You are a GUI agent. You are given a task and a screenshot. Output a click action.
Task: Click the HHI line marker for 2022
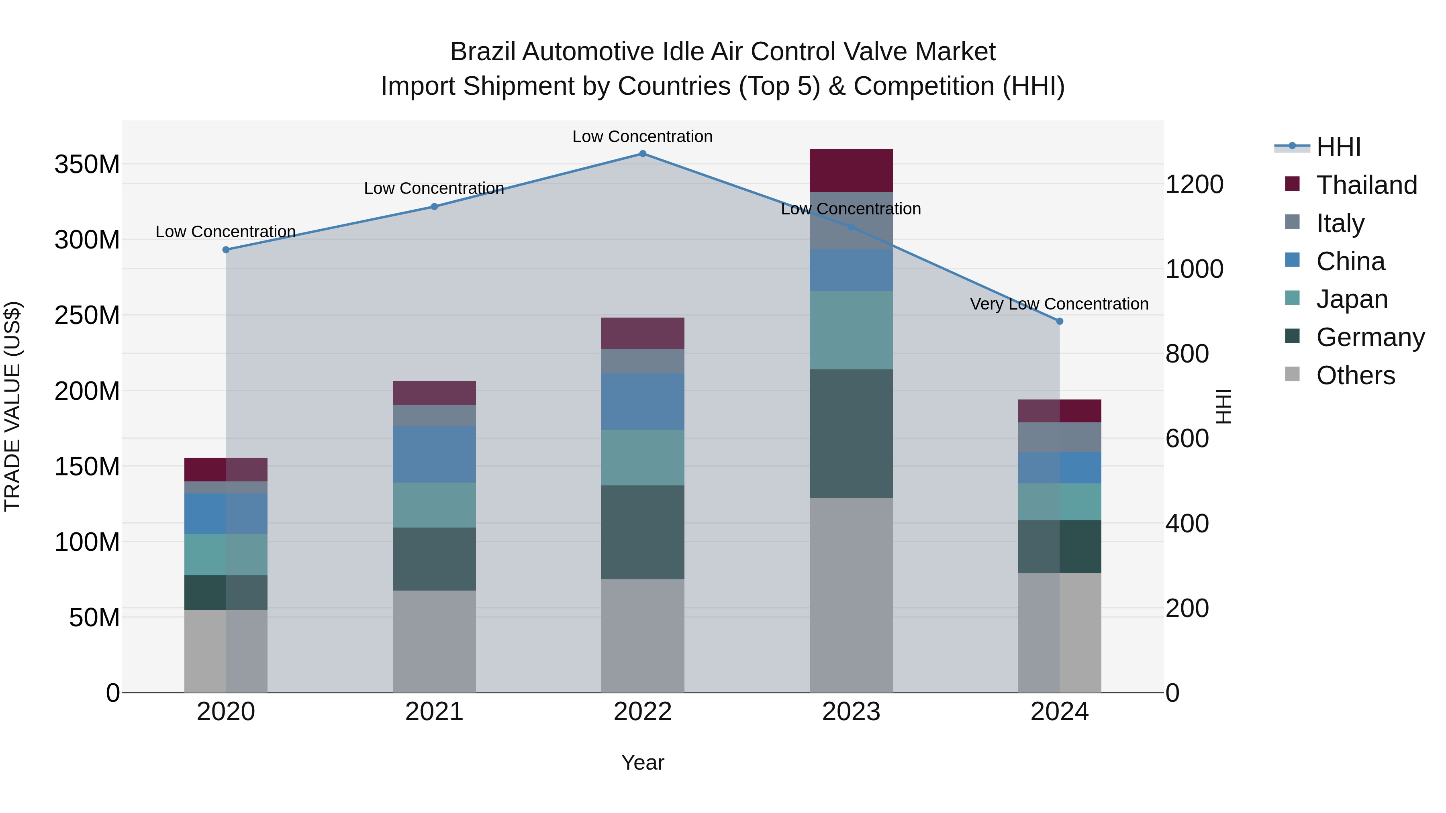click(643, 154)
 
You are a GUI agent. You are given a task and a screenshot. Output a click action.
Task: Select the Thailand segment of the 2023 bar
click(851, 171)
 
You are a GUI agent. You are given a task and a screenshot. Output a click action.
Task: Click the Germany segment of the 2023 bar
click(851, 433)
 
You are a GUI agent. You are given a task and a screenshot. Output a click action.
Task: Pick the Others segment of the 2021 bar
click(434, 641)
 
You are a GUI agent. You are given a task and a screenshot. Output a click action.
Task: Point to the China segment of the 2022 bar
click(643, 402)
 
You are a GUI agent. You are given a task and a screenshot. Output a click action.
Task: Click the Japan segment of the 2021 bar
click(434, 505)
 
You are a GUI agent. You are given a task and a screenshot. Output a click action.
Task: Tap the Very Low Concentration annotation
click(1059, 304)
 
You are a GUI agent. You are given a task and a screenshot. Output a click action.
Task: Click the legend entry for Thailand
click(1366, 185)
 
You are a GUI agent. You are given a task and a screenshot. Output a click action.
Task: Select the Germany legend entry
click(1370, 337)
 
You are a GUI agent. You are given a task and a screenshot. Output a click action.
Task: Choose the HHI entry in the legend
click(1338, 147)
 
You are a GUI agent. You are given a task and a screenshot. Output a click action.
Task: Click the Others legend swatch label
click(1355, 375)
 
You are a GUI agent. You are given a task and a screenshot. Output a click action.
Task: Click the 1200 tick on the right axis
click(1194, 185)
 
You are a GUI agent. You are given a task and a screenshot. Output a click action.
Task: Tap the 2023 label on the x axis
click(851, 712)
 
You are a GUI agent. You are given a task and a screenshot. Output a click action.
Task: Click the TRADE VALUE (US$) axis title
click(12, 406)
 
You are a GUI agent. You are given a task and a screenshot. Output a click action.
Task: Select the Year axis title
click(643, 762)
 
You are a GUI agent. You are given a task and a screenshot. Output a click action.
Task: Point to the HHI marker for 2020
click(226, 250)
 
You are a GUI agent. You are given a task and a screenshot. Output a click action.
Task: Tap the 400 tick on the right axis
click(1187, 524)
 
